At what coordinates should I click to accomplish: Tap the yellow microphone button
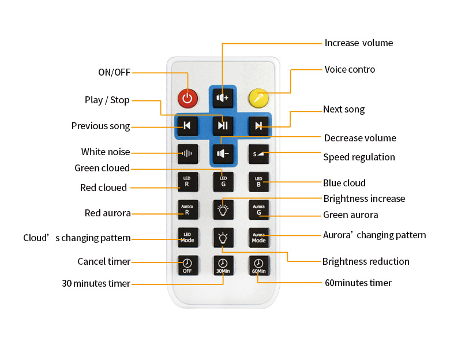[258, 97]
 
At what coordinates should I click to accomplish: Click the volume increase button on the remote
[223, 97]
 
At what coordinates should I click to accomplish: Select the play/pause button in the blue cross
[223, 125]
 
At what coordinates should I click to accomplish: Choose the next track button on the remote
[259, 125]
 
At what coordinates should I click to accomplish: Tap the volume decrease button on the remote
[223, 153]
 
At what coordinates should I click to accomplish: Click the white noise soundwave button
[187, 153]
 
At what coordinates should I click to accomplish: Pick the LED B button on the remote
[258, 182]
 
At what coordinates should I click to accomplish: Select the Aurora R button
[187, 209]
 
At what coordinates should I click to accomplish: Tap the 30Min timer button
[223, 265]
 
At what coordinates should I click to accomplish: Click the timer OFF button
[187, 265]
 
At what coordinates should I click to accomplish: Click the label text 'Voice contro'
[350, 70]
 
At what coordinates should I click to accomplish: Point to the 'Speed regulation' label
[359, 157]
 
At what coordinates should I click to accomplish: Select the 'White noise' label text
[106, 152]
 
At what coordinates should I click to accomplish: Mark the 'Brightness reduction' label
[366, 261]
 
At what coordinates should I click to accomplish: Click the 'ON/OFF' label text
[114, 72]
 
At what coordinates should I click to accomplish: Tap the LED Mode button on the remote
[187, 237]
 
